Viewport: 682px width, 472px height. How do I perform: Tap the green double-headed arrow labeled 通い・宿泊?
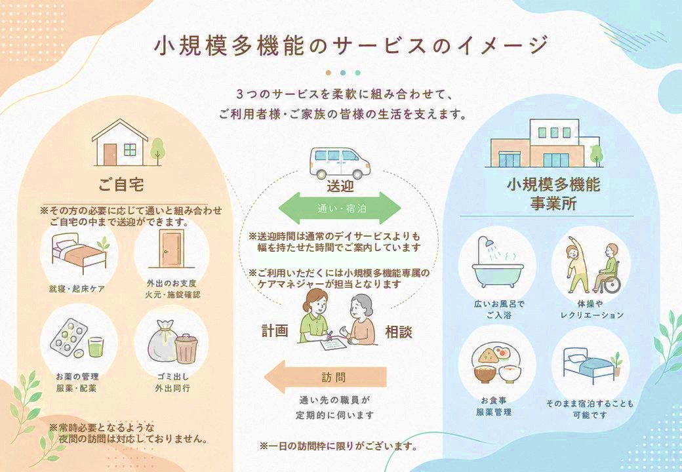click(x=339, y=208)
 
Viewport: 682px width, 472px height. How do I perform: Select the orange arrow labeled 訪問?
click(x=325, y=377)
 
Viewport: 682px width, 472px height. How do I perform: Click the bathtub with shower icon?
click(x=498, y=262)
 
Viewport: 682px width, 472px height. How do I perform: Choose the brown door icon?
click(x=171, y=249)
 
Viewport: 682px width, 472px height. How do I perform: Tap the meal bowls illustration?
click(x=496, y=363)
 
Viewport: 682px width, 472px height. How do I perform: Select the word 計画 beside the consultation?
click(x=275, y=331)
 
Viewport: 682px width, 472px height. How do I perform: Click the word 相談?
click(x=399, y=332)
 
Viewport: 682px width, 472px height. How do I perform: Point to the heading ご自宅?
click(x=121, y=185)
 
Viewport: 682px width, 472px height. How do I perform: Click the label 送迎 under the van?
click(x=340, y=186)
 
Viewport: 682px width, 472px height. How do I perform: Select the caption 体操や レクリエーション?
click(x=592, y=309)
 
